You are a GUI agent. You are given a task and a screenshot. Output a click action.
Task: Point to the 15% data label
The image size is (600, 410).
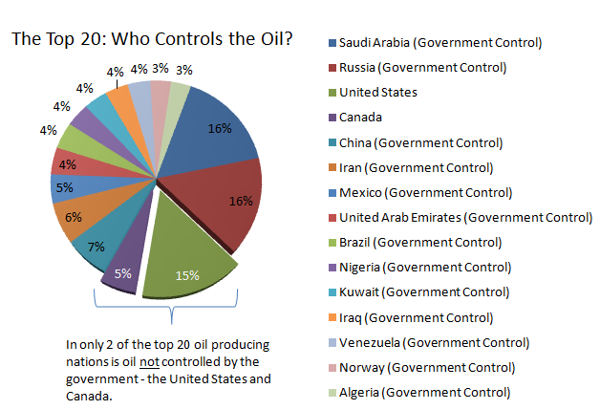click(186, 275)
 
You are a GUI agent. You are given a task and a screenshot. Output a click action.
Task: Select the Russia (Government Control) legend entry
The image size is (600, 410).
click(421, 67)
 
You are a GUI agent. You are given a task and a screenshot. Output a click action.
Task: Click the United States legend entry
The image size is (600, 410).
click(378, 92)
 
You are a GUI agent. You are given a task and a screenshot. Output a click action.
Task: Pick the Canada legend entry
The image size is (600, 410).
click(360, 117)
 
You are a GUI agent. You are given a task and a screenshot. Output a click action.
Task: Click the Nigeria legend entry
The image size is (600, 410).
click(425, 266)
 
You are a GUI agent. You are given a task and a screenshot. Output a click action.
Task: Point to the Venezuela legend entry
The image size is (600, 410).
click(434, 341)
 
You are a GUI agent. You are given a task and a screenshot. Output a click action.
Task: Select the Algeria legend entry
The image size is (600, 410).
click(425, 391)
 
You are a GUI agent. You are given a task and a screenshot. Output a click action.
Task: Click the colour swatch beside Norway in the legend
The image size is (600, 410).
click(331, 366)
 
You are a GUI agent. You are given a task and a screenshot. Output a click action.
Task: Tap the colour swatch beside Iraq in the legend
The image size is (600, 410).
click(331, 316)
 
